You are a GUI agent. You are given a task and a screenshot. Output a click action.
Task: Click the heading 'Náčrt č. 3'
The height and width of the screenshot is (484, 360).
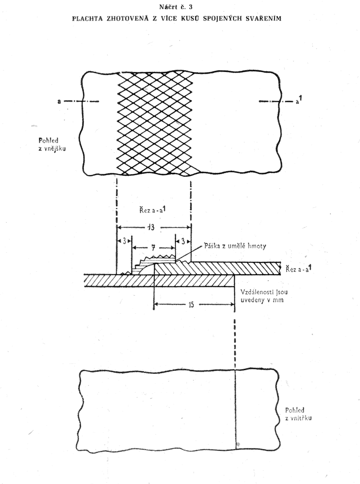176,7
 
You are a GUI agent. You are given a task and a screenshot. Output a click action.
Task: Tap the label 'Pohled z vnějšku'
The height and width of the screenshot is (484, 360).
52,145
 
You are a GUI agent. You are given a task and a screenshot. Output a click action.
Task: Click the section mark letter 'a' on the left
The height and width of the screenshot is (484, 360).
58,101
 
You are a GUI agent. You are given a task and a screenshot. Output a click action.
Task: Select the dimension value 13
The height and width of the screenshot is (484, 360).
151,227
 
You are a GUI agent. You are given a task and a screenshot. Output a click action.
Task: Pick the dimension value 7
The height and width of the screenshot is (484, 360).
153,248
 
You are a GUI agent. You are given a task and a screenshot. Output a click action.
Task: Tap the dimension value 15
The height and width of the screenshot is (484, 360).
191,305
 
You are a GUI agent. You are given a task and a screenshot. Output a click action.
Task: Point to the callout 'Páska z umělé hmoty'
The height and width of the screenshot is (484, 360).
235,246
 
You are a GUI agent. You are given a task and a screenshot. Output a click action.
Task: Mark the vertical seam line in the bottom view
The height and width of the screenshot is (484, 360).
235,409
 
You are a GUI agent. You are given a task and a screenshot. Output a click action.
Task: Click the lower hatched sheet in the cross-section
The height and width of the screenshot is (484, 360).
159,281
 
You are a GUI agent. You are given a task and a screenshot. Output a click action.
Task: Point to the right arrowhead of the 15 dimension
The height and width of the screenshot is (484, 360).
232,304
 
